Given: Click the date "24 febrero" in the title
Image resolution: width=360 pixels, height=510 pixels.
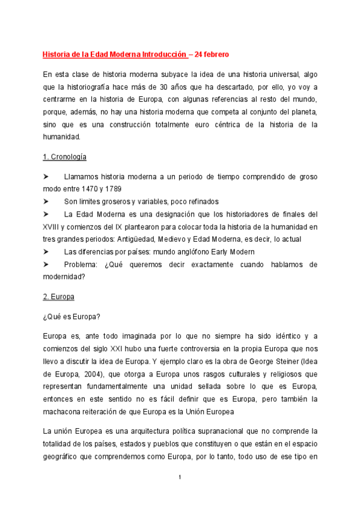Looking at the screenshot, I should (x=211, y=54).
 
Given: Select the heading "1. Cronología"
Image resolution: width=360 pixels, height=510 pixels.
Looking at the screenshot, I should (x=65, y=157).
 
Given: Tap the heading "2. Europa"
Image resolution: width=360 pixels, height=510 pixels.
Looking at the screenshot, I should (x=58, y=296).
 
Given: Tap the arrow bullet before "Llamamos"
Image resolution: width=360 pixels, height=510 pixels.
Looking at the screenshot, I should (x=47, y=176).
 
